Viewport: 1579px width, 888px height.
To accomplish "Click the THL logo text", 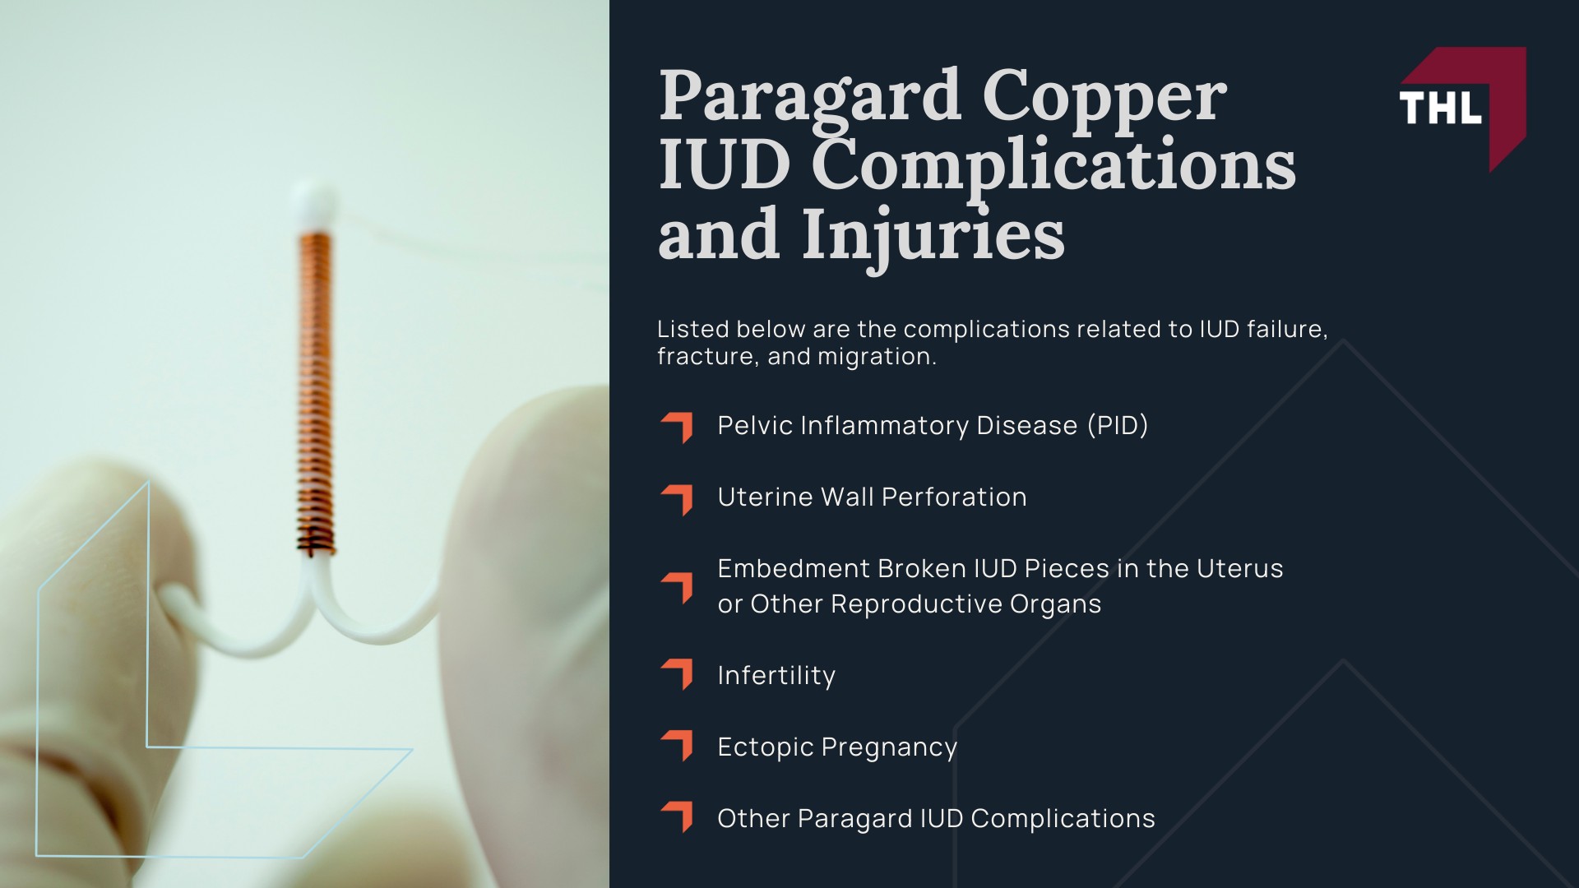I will [x=1440, y=109].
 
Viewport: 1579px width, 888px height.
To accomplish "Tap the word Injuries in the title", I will [x=933, y=237].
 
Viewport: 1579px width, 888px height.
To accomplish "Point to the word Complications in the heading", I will [x=1053, y=168].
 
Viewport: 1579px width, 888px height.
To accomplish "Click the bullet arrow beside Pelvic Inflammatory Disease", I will [x=677, y=427].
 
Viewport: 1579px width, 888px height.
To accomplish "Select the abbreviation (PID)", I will [x=1117, y=426].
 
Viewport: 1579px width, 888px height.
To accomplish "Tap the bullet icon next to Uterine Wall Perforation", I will [x=677, y=498].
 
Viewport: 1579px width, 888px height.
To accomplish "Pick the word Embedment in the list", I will [x=793, y=569].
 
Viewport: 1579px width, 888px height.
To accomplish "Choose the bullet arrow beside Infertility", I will [x=677, y=674].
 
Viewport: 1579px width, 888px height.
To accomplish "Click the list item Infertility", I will [x=776, y=676].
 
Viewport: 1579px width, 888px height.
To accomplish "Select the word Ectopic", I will [x=765, y=747].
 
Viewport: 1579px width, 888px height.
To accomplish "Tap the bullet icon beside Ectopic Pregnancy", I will [x=677, y=746].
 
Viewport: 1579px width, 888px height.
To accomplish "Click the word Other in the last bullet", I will [x=752, y=819].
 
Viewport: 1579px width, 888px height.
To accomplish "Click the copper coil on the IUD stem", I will [x=316, y=386].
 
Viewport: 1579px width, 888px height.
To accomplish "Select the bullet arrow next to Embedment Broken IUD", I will [x=677, y=587].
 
